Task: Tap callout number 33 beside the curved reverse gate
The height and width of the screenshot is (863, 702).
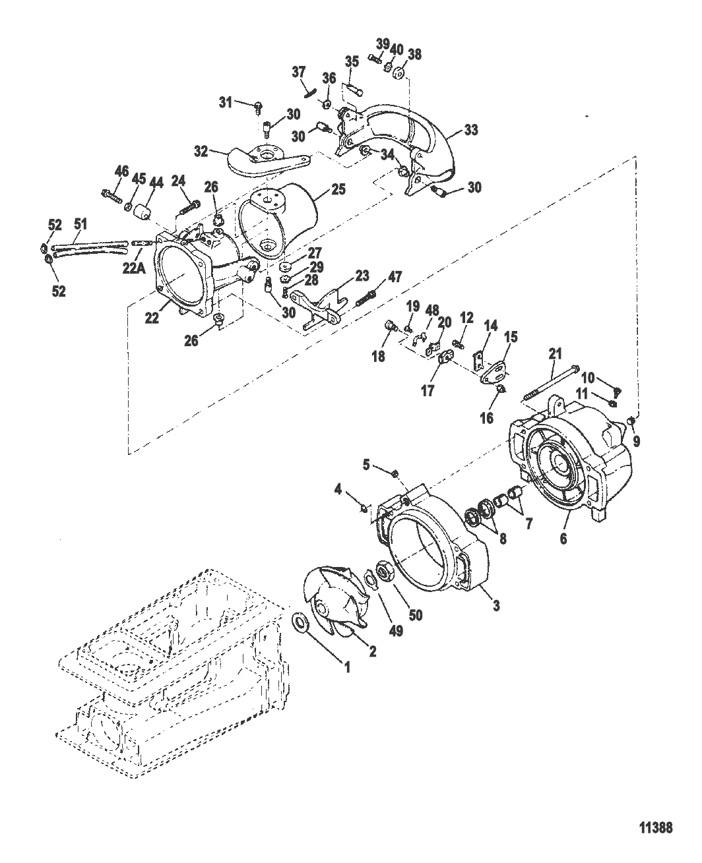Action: point(471,130)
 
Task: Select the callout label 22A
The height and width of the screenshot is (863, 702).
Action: point(134,268)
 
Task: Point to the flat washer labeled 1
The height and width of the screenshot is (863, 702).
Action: point(300,622)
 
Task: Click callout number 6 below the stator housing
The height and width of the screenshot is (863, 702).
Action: point(563,539)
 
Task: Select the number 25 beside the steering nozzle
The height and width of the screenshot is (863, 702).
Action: point(338,189)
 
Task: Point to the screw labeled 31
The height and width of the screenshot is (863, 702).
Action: point(257,107)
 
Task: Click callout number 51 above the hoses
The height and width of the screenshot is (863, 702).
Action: point(80,223)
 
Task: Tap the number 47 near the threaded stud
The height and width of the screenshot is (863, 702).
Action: point(395,277)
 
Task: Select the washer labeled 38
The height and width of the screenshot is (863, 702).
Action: point(399,73)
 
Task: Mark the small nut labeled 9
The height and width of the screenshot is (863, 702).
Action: point(631,422)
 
